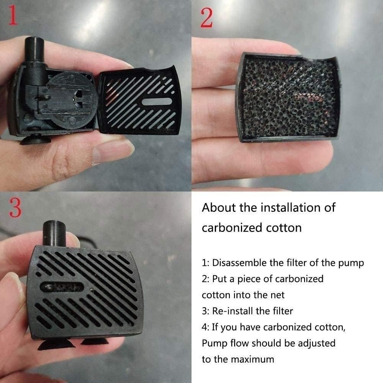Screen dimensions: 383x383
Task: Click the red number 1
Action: tap(13, 15)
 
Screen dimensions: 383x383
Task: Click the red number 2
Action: tap(206, 18)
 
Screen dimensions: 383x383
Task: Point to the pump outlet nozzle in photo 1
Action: tap(35, 50)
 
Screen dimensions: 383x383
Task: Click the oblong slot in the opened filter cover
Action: tap(157, 101)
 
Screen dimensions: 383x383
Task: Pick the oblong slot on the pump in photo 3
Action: tap(62, 287)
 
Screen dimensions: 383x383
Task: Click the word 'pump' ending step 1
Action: tap(351, 264)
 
